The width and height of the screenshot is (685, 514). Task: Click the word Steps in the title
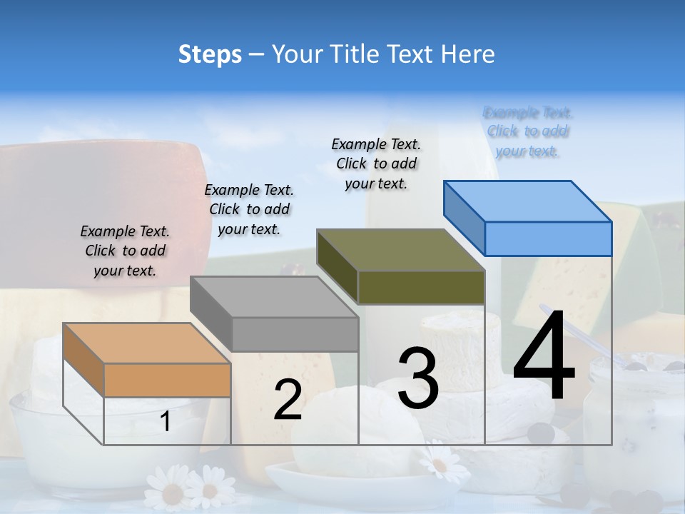tap(210, 54)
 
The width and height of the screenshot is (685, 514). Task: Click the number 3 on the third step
tap(418, 378)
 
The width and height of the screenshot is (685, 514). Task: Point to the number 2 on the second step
tap(288, 400)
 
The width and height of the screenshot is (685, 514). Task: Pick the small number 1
tap(166, 422)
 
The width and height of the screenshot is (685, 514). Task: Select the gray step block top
tap(273, 296)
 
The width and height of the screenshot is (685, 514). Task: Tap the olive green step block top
tap(400, 250)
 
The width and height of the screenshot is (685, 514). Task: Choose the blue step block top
tap(527, 201)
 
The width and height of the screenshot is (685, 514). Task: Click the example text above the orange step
tap(125, 251)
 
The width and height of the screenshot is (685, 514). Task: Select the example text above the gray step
tap(249, 209)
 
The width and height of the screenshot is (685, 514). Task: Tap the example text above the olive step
tap(376, 163)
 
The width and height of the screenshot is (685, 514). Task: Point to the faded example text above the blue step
tap(528, 131)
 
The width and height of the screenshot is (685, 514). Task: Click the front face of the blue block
tap(548, 238)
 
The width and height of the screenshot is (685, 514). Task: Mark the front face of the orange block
tap(167, 380)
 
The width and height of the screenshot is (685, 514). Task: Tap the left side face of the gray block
tap(211, 314)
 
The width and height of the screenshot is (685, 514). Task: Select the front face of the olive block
tap(421, 287)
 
